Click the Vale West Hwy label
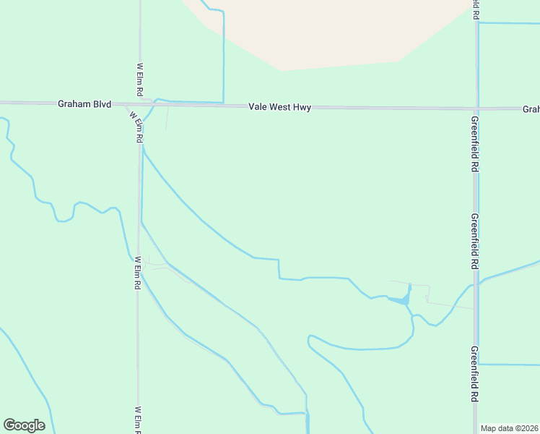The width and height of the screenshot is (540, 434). [x=279, y=107]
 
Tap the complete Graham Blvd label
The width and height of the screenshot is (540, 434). [x=84, y=104]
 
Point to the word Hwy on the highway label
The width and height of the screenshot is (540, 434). [x=302, y=107]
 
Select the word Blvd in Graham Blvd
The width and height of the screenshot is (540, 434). [x=101, y=104]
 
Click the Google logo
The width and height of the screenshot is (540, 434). [x=24, y=425]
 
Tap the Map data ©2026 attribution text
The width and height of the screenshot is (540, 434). [x=510, y=428]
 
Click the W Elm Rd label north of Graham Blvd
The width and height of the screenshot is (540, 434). [x=140, y=80]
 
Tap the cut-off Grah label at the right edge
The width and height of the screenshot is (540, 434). [x=531, y=109]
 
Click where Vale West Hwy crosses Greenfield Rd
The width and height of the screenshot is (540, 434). [x=476, y=109]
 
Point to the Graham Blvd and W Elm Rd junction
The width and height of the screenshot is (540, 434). [x=140, y=104]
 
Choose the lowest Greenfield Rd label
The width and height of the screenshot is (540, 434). [x=475, y=374]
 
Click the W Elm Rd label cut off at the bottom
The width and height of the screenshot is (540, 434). [x=137, y=420]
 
